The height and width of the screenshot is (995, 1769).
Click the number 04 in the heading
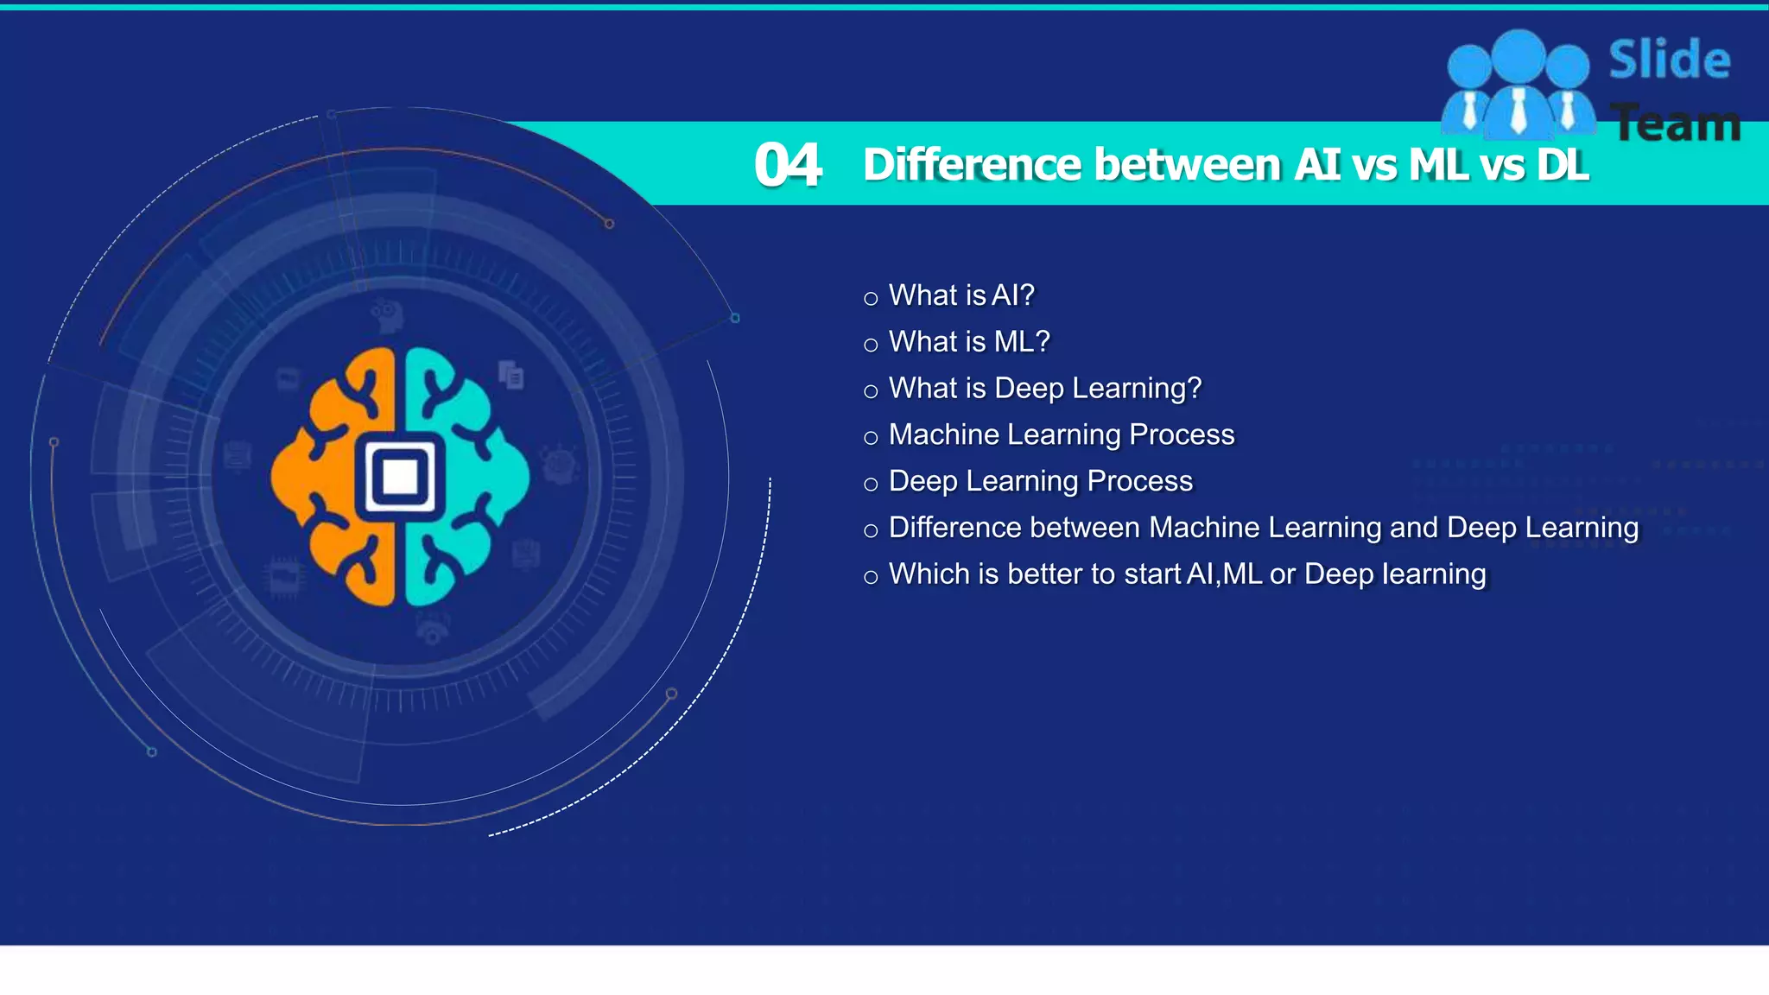pyautogui.click(x=787, y=165)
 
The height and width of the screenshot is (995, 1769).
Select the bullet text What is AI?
pyautogui.click(x=961, y=295)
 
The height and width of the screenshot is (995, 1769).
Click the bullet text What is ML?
pyautogui.click(x=969, y=342)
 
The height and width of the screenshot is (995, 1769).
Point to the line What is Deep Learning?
pyautogui.click(x=1045, y=389)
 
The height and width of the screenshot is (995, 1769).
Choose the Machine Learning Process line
pyautogui.click(x=1062, y=434)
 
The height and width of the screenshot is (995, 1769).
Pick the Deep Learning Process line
pyautogui.click(x=1041, y=481)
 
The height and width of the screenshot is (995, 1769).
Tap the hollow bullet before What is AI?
pyautogui.click(x=871, y=299)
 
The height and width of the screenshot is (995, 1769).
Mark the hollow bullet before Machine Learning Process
pyautogui.click(x=871, y=438)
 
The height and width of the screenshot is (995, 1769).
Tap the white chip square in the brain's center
pyautogui.click(x=400, y=476)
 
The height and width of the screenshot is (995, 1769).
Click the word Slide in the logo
pyautogui.click(x=1669, y=60)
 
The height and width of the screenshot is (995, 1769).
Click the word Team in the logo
pyautogui.click(x=1675, y=124)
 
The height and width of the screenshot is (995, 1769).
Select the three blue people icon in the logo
pyautogui.click(x=1519, y=86)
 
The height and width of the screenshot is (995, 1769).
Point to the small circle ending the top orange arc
pyautogui.click(x=609, y=225)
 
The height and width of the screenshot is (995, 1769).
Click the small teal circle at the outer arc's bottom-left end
pyautogui.click(x=152, y=752)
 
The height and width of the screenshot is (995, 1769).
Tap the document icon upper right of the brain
pyautogui.click(x=511, y=375)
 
